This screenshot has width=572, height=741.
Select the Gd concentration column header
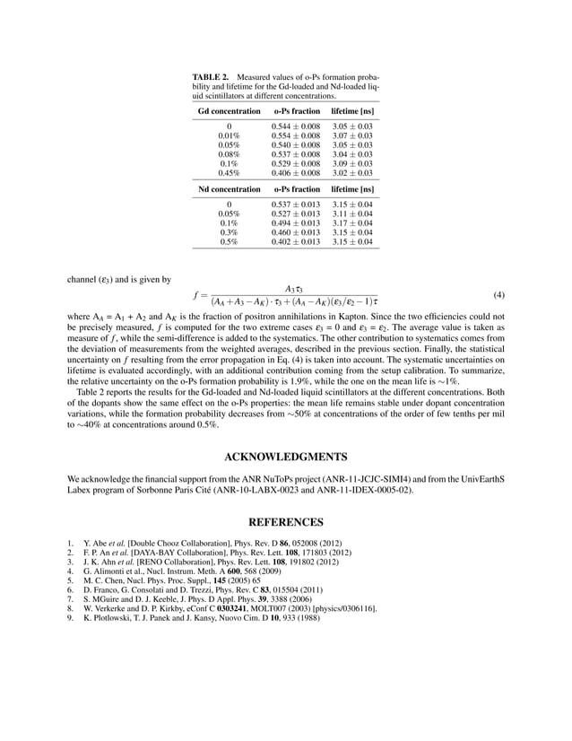229,109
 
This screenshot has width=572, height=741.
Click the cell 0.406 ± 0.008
295,173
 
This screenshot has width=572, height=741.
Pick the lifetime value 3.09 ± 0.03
352,164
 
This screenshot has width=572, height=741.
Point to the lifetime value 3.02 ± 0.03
352,173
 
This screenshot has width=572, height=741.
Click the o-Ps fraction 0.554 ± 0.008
295,135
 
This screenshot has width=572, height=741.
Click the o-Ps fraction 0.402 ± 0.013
295,242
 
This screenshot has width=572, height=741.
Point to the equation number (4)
499,294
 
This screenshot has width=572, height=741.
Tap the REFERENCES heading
285,520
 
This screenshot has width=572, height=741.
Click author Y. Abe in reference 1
92,543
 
